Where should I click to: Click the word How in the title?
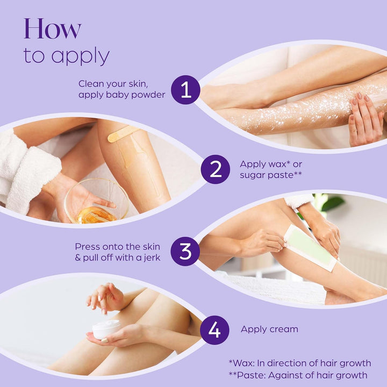coord(52,28)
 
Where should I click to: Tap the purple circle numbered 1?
coord(185,90)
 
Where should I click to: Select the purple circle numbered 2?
coord(216,169)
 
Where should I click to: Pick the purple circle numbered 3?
coord(185,251)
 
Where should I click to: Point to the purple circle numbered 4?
coord(214,330)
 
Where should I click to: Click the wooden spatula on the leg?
coord(123,133)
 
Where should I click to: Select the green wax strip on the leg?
coord(310,248)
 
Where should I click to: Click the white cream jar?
coord(106,329)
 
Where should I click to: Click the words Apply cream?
coord(269,329)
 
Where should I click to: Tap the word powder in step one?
coord(148,95)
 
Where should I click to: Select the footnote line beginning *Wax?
coord(299,363)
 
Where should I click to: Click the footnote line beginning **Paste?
coord(298,375)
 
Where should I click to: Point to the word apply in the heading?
coord(81,56)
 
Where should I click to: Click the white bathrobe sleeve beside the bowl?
coord(27,173)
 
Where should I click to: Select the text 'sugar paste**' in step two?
coord(271,175)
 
